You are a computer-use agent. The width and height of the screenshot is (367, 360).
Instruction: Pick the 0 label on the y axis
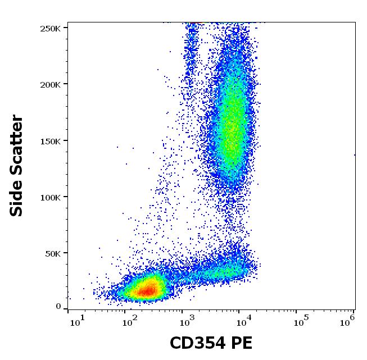point(58,307)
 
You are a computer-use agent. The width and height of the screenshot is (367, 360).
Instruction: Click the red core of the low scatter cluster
point(147,290)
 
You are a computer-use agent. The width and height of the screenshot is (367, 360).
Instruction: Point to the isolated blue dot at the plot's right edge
point(355,154)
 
